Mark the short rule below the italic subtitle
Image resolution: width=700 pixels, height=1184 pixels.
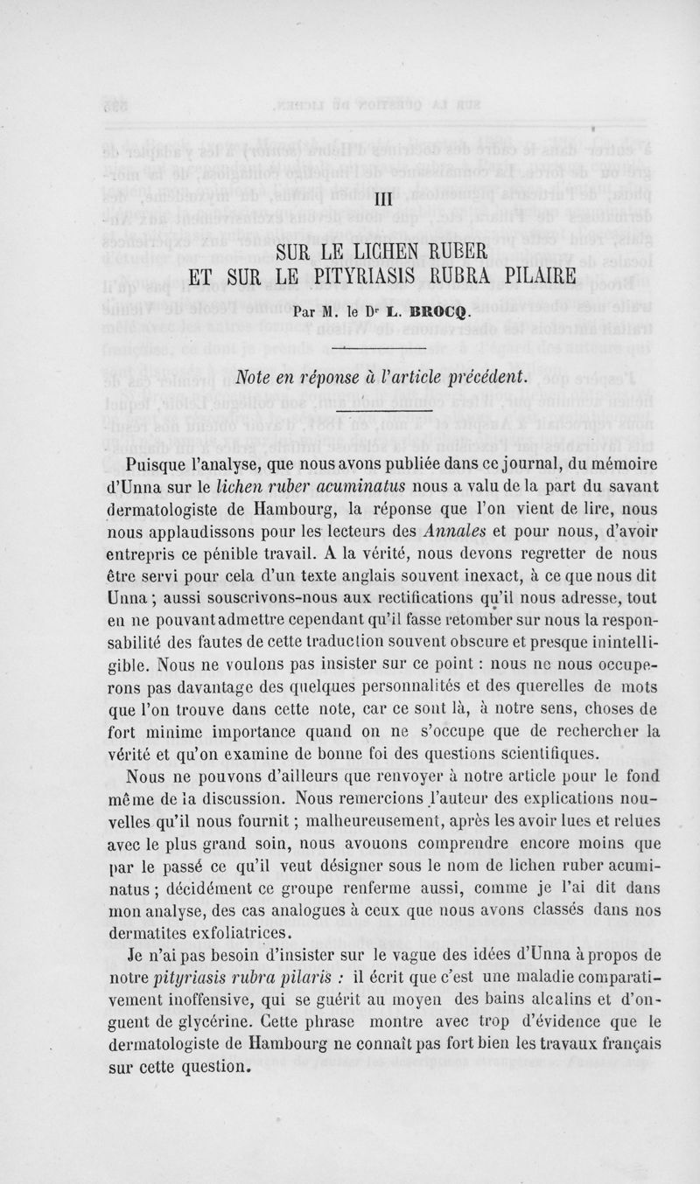pos(388,407)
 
